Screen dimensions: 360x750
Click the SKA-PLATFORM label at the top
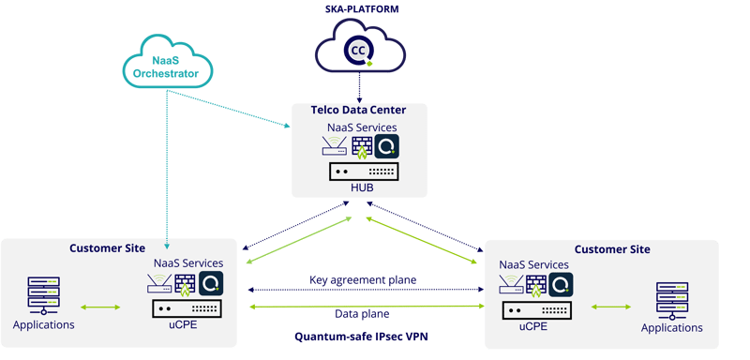(x=361, y=8)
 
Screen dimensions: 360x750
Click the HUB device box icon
(x=362, y=171)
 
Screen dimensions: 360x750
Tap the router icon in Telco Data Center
(x=332, y=146)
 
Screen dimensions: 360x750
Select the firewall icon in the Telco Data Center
(x=361, y=146)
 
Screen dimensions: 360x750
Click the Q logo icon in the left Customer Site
(x=211, y=284)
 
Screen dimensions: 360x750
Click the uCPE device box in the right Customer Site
(x=535, y=310)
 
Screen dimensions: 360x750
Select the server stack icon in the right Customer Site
(x=671, y=300)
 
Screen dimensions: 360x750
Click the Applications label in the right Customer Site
(x=671, y=328)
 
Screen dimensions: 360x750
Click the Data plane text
(x=362, y=313)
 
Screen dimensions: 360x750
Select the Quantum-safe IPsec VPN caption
(x=362, y=336)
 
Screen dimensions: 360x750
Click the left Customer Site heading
(x=108, y=248)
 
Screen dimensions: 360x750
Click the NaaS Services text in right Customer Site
(x=535, y=265)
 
